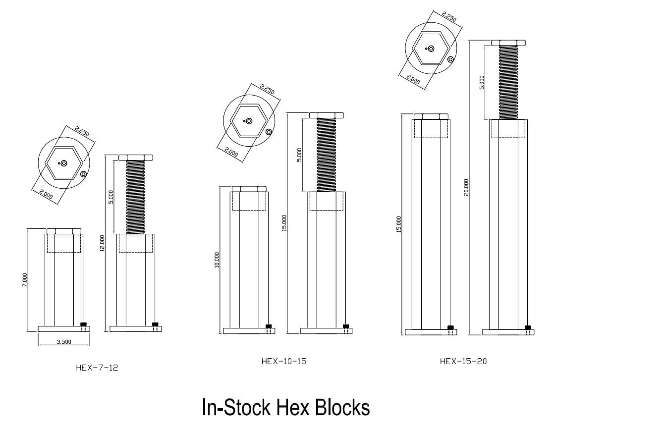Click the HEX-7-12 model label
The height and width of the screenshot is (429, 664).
pos(97,368)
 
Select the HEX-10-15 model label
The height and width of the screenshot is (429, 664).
pos(284,361)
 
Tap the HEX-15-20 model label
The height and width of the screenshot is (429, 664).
pos(463,361)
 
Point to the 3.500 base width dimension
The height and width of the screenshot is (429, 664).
pos(63,341)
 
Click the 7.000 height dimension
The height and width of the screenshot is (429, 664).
pos(25,280)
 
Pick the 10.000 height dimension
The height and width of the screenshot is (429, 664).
pos(217,260)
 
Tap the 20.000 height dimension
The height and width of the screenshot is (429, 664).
pos(466,187)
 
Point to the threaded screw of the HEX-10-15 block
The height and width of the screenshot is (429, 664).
pos(327,155)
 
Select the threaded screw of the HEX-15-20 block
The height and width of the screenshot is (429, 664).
pos(508,82)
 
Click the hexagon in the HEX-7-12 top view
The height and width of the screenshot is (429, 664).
pos(63,162)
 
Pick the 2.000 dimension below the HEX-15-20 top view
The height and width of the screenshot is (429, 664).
pos(413,79)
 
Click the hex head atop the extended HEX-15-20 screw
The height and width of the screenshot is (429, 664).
pos(508,43)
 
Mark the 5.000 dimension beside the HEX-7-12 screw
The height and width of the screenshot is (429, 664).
pos(111,197)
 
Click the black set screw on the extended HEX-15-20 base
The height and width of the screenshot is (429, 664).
pos(528,327)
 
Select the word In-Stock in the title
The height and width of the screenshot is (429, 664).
pos(236,408)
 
